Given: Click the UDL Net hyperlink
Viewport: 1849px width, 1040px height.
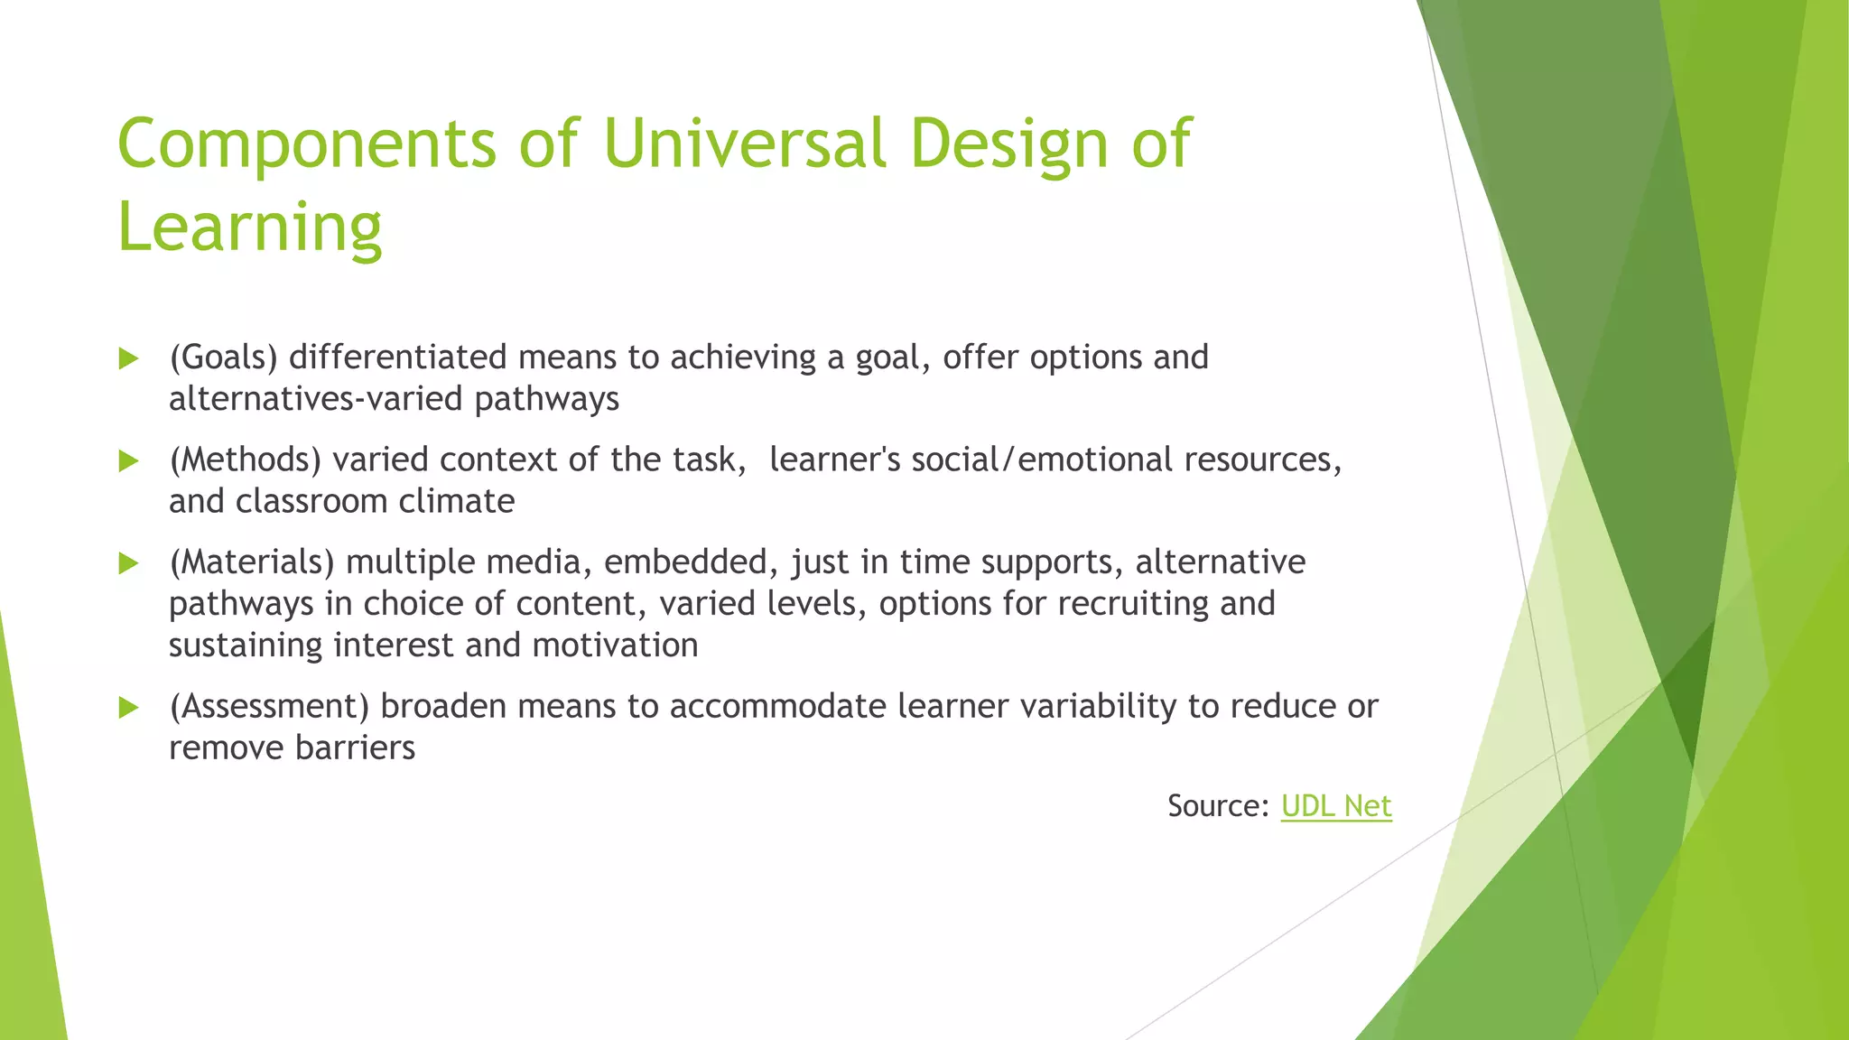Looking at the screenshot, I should (1336, 805).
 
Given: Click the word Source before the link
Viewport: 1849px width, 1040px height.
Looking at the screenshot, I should (1217, 805).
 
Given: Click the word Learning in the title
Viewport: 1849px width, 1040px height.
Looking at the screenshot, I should (250, 227).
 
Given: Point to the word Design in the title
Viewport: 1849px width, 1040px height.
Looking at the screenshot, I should (1008, 144).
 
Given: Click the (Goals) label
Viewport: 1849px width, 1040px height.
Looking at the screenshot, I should (224, 357).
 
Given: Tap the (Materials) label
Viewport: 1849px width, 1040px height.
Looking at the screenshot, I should (252, 562).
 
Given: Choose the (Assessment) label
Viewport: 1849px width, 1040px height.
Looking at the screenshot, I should (269, 706).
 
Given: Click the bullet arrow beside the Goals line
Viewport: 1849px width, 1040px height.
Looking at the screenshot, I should (129, 358).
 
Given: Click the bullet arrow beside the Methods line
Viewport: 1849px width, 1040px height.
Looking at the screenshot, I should (129, 461).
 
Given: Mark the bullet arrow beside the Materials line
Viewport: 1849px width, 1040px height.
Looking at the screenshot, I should (129, 564).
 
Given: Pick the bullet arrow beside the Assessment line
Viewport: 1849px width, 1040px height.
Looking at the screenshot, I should (129, 708).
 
